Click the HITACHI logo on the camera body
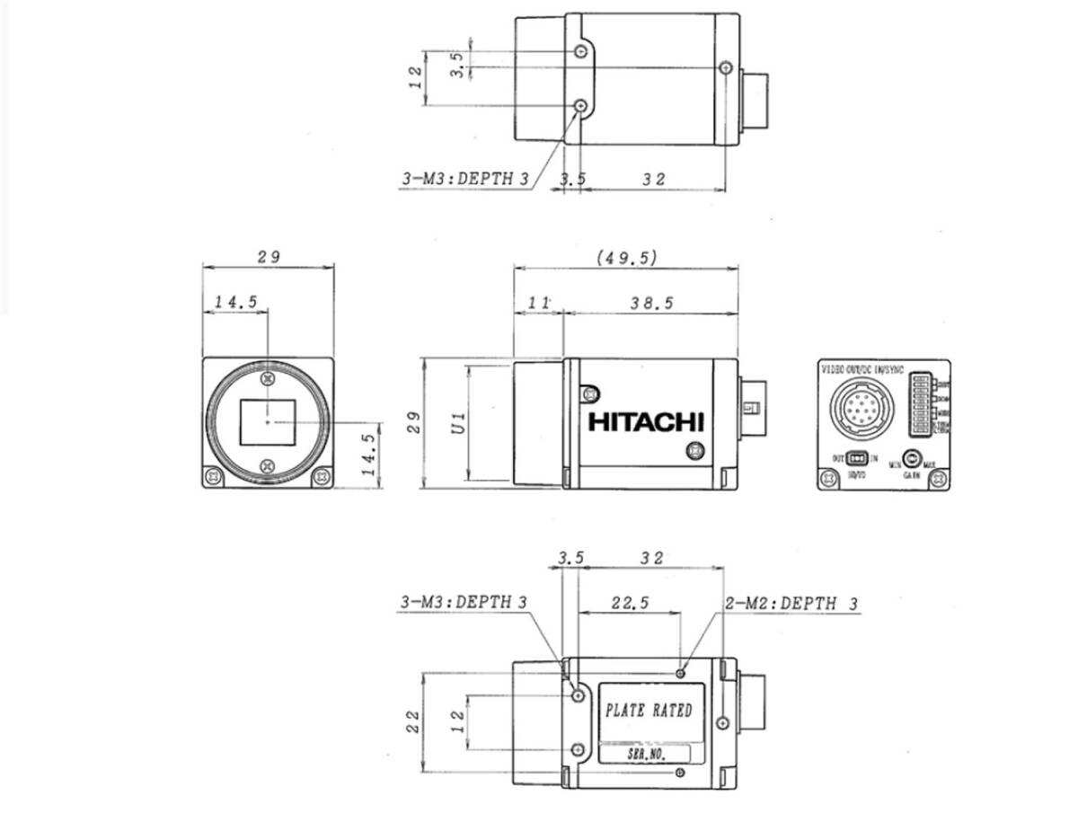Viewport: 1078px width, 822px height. coord(646,422)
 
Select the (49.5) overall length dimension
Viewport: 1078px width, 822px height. coord(627,257)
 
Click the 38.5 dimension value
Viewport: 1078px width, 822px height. coord(651,304)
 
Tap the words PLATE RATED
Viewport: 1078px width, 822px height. coord(649,711)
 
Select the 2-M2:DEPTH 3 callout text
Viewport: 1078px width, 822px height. coord(791,604)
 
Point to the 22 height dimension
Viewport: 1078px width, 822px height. coord(413,721)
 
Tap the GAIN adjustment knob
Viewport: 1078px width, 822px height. coord(914,457)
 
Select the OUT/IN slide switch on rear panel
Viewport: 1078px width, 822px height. coord(857,458)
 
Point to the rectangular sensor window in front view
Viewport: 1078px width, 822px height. coord(268,420)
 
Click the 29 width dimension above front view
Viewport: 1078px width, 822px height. coord(269,257)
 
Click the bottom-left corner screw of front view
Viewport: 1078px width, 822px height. coord(214,476)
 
